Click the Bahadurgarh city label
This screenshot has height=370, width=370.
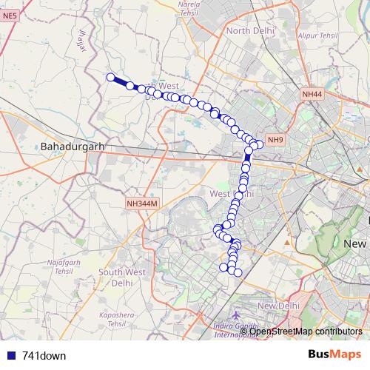pyautogui.click(x=73, y=147)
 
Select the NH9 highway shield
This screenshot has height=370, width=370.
pyautogui.click(x=275, y=140)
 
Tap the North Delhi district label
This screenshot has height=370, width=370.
pyautogui.click(x=249, y=30)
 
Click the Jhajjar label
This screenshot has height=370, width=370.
pyautogui.click(x=82, y=41)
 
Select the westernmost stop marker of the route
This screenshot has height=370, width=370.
pyautogui.click(x=111, y=77)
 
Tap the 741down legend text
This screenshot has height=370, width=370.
pyautogui.click(x=44, y=356)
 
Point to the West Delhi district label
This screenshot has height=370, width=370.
pyautogui.click(x=232, y=194)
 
